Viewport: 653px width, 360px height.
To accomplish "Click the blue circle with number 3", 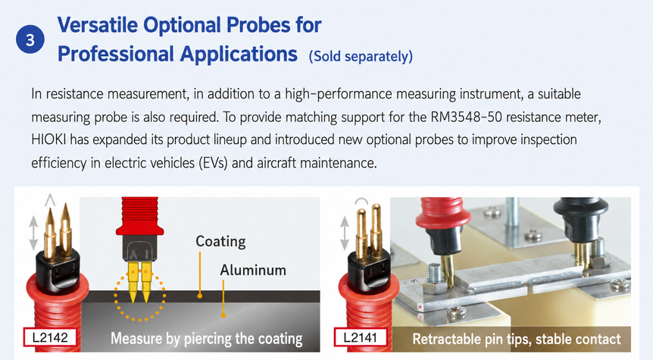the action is point(30,39).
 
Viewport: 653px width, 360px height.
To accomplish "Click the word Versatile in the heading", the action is point(98,24).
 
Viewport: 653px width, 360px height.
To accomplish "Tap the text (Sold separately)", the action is point(361,56).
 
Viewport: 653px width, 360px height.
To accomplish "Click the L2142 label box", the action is point(50,337).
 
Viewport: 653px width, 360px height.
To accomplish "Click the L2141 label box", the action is point(361,337).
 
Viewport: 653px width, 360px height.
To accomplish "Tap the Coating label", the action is point(220,241).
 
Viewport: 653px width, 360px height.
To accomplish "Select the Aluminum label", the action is point(253,270).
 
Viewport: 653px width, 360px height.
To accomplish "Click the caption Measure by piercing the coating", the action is point(207,339).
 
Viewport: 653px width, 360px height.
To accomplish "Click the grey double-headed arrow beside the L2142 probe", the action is point(34,233).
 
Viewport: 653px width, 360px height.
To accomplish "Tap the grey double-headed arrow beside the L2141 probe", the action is point(345,233).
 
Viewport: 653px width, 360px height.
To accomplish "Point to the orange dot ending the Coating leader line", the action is point(200,296).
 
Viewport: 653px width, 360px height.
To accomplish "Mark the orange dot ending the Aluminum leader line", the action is point(223,315).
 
